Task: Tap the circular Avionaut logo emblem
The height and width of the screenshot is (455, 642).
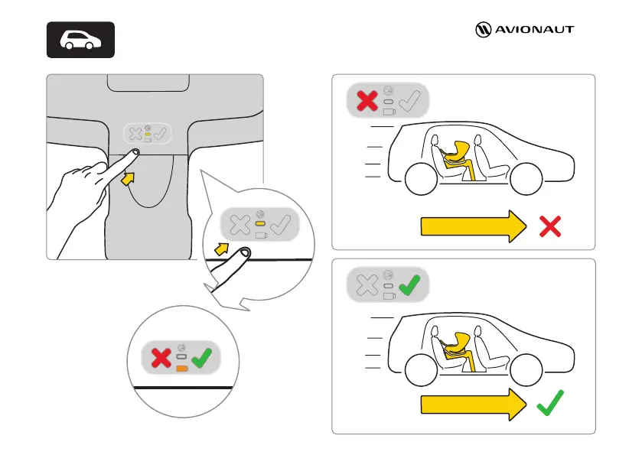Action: [482, 31]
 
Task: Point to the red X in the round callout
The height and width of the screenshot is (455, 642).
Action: [160, 357]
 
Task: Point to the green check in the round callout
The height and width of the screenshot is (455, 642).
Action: [203, 357]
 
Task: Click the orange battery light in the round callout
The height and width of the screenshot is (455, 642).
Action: [182, 368]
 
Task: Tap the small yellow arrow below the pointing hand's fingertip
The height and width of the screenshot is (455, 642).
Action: [131, 178]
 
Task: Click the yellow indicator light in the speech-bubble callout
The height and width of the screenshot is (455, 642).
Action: [259, 224]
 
